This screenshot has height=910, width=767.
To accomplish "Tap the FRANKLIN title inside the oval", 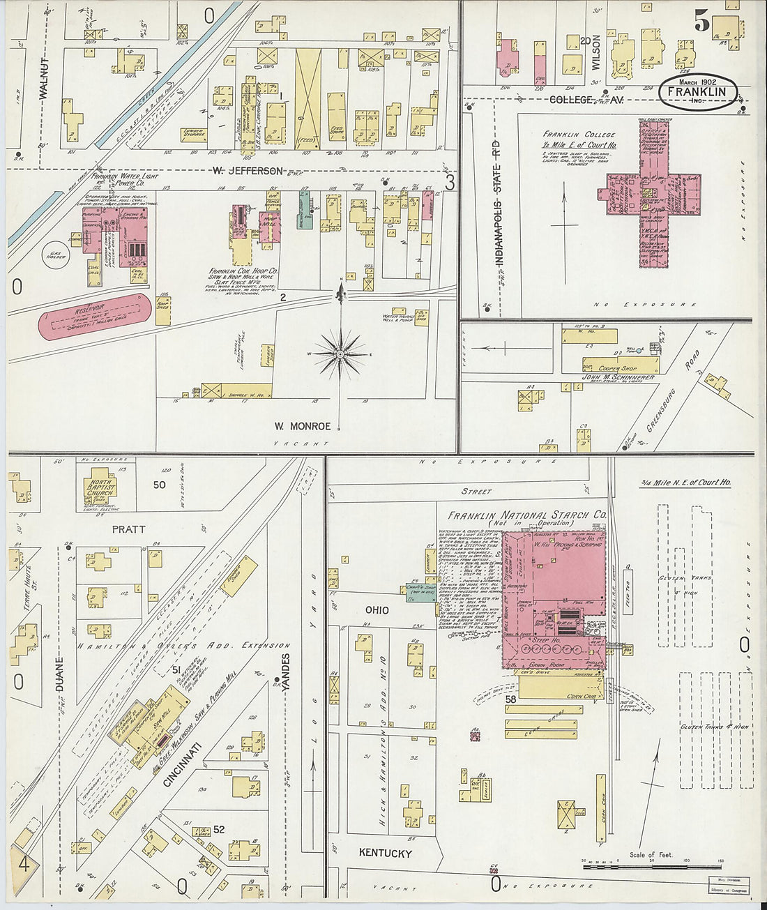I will pyautogui.click(x=696, y=92).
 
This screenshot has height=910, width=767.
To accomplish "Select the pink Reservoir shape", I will pyautogui.click(x=95, y=316).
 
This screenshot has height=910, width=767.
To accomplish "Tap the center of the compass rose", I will pyautogui.click(x=340, y=354).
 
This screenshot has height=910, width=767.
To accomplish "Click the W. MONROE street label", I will pyautogui.click(x=302, y=425).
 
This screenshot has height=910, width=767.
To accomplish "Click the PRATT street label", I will pyautogui.click(x=129, y=529).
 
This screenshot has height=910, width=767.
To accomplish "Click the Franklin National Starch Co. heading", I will pyautogui.click(x=526, y=515).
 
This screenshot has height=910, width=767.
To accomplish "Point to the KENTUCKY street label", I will pyautogui.click(x=386, y=853).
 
